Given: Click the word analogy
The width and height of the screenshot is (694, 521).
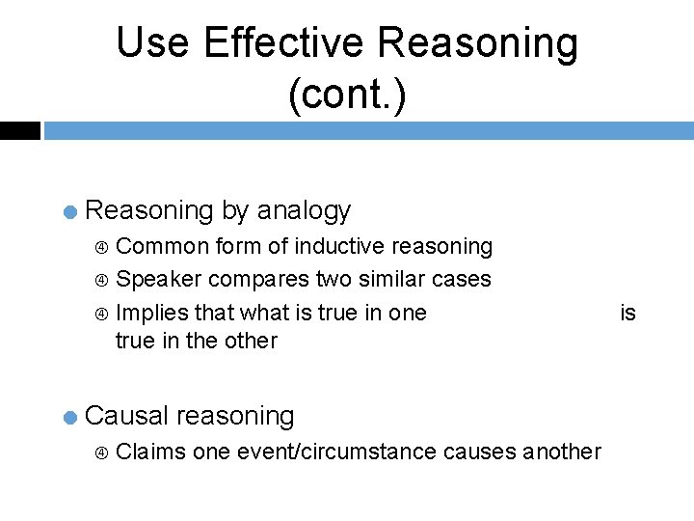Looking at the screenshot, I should click(304, 210).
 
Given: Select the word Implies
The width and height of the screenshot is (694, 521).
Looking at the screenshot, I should click(150, 312).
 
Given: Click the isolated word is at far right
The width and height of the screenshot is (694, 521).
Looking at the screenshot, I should click(627, 312).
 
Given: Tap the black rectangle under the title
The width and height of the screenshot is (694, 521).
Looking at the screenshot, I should click(20, 130).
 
